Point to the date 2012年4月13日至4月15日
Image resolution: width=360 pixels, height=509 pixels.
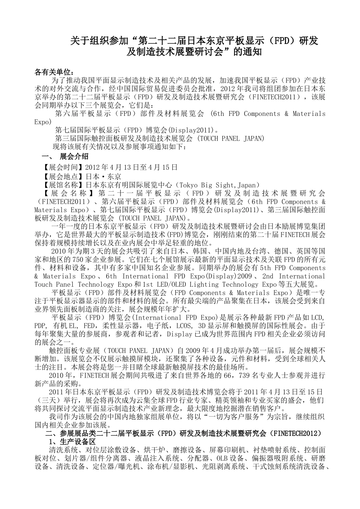(x=131, y=167)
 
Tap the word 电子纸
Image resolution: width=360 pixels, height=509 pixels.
(x=163, y=326)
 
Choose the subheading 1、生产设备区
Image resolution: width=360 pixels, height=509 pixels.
(x=72, y=442)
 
